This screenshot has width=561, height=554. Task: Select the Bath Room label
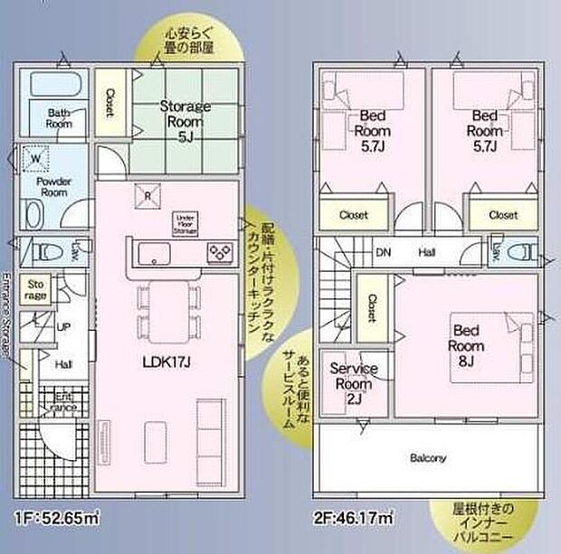click(59, 117)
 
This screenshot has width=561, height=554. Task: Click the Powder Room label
click(53, 186)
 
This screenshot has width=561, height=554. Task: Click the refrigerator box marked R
click(146, 195)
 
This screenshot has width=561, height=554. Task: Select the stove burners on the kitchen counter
click(220, 252)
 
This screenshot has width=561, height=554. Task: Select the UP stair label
click(64, 327)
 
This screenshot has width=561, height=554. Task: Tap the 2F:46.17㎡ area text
click(355, 519)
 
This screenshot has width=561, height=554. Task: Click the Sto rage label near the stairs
click(35, 289)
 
